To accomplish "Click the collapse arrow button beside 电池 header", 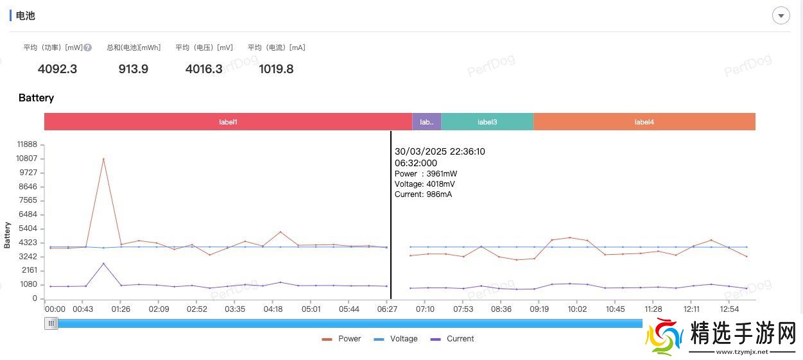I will [781, 15].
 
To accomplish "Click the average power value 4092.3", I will [57, 69].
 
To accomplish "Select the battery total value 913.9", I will [134, 69].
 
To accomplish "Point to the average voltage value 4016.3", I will [203, 69].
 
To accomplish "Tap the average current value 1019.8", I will [276, 69].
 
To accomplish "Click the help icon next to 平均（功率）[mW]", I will [88, 47].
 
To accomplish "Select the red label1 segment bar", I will [228, 122].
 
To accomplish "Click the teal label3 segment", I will [487, 122].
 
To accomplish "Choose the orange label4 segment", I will [644, 122].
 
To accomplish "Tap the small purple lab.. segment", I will [426, 122].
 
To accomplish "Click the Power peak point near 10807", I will [103, 159].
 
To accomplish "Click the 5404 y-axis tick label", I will [28, 228].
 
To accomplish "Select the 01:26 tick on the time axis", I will [120, 309].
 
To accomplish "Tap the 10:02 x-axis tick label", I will [576, 309].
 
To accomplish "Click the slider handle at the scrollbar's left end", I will [51, 323].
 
